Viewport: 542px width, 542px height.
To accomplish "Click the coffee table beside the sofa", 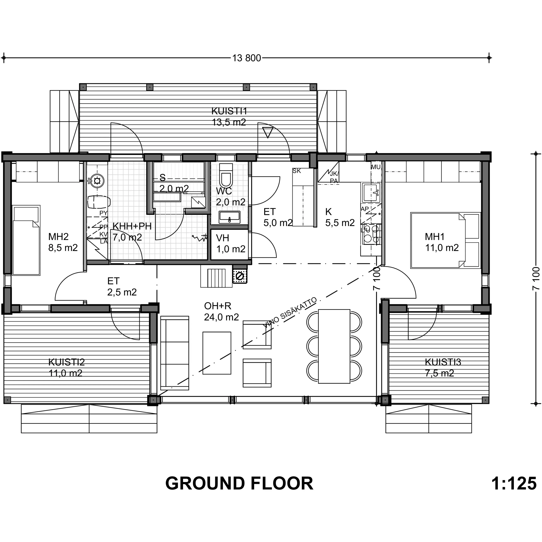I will click(x=217, y=353).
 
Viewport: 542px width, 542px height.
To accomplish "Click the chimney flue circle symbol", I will click(x=240, y=276).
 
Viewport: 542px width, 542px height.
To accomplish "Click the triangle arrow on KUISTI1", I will click(x=268, y=132).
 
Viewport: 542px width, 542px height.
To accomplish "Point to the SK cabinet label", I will click(x=297, y=171).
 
